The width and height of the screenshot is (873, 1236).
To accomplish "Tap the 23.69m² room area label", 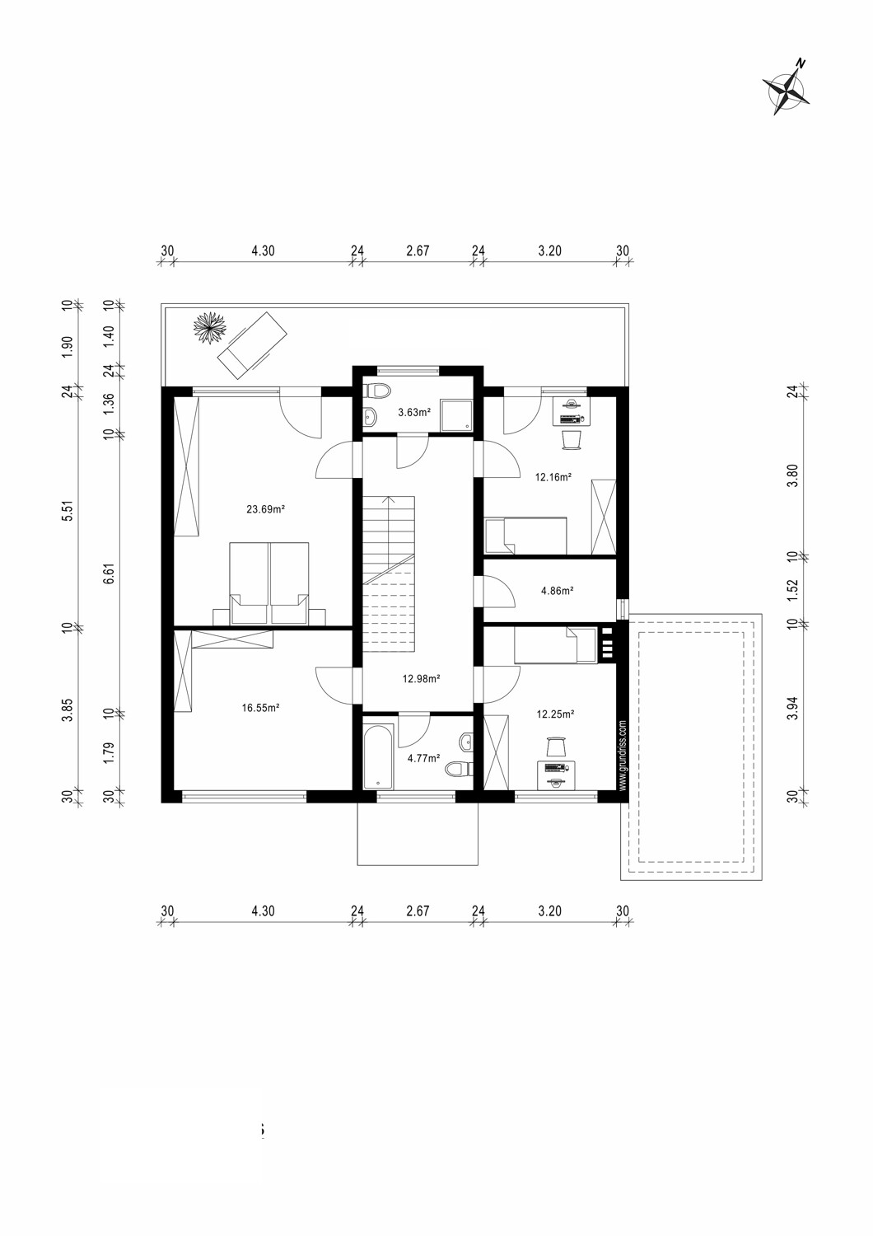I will [x=265, y=509].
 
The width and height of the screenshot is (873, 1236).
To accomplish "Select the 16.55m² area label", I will [x=260, y=707].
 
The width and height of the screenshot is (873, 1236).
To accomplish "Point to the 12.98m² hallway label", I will [x=421, y=679].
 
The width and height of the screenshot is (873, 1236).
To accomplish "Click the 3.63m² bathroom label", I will [x=414, y=412].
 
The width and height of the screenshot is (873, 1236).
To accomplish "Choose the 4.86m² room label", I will [x=557, y=590].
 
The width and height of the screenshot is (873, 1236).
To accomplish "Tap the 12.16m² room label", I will [x=553, y=476].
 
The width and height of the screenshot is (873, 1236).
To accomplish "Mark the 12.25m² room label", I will [x=555, y=714].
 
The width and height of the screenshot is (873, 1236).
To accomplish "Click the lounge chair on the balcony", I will [x=252, y=344].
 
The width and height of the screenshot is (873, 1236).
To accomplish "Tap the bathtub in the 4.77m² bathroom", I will [x=377, y=756].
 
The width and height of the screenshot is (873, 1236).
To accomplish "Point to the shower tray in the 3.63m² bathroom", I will [x=456, y=414].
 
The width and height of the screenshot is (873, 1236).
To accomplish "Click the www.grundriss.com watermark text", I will [x=623, y=755].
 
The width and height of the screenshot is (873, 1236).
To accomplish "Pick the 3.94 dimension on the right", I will [x=793, y=709].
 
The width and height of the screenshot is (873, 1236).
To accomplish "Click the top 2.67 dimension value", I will [x=418, y=251].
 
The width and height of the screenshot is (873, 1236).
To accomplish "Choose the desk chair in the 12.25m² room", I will [x=554, y=747].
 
